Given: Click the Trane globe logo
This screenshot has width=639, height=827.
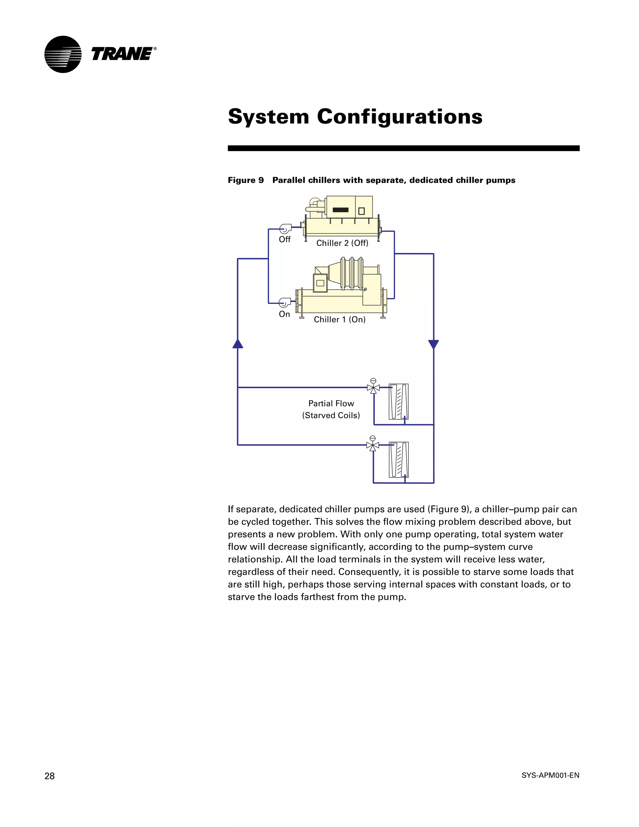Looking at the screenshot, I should [x=63, y=54].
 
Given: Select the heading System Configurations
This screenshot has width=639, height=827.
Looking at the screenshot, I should [x=355, y=116].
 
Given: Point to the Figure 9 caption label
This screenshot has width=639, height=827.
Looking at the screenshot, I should [x=246, y=180].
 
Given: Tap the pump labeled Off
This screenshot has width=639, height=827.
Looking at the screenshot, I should [x=285, y=229].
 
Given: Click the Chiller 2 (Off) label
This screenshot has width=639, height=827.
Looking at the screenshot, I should [x=342, y=243].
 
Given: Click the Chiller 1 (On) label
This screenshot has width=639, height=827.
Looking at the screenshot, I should [x=339, y=320].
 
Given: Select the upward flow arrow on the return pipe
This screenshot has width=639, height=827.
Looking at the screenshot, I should [x=238, y=344].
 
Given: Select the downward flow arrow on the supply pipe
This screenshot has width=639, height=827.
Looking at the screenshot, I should [x=433, y=344].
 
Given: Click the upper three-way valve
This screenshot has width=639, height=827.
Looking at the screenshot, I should [x=373, y=387].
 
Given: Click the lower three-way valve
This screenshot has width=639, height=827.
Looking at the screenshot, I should [x=373, y=445].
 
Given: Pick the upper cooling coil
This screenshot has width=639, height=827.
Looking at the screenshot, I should [x=399, y=401].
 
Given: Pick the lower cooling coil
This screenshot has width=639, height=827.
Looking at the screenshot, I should [x=399, y=460].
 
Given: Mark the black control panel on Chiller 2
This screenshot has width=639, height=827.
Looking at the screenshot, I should [x=340, y=210].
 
